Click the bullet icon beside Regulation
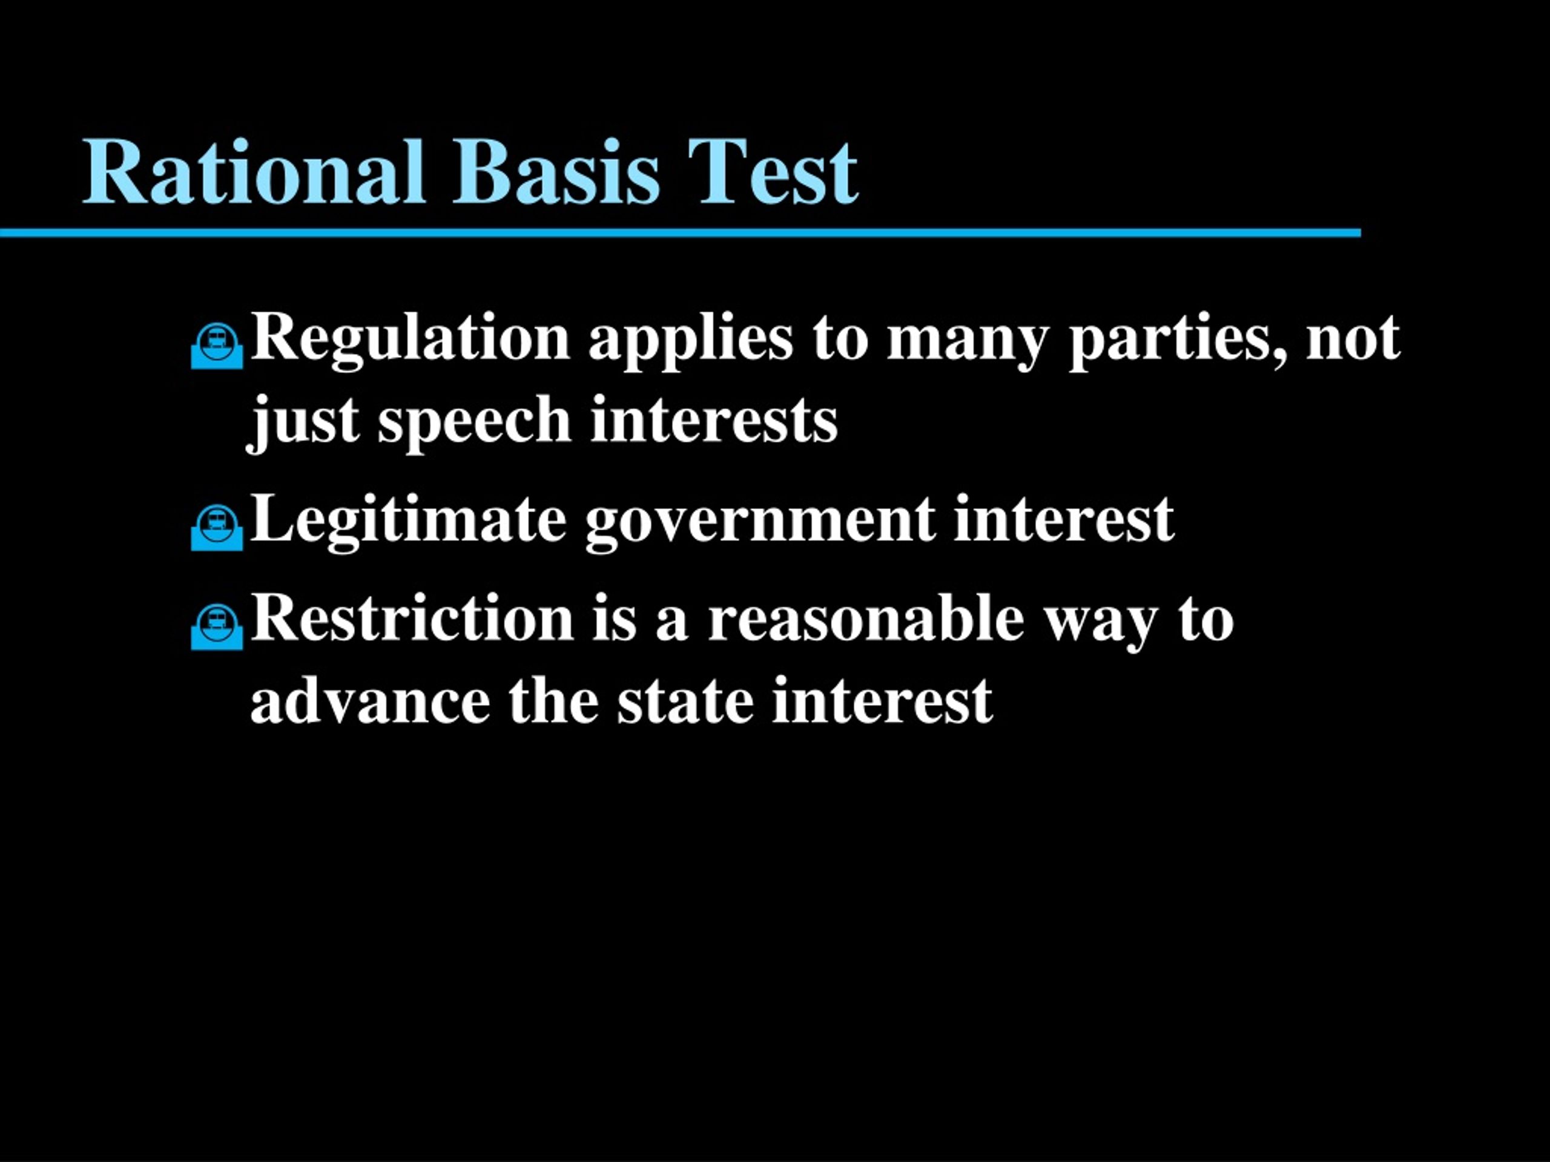point(217,346)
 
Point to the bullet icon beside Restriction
point(217,626)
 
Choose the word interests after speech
point(714,420)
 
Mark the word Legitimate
point(408,522)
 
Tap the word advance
point(370,700)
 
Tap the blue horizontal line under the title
point(681,232)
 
